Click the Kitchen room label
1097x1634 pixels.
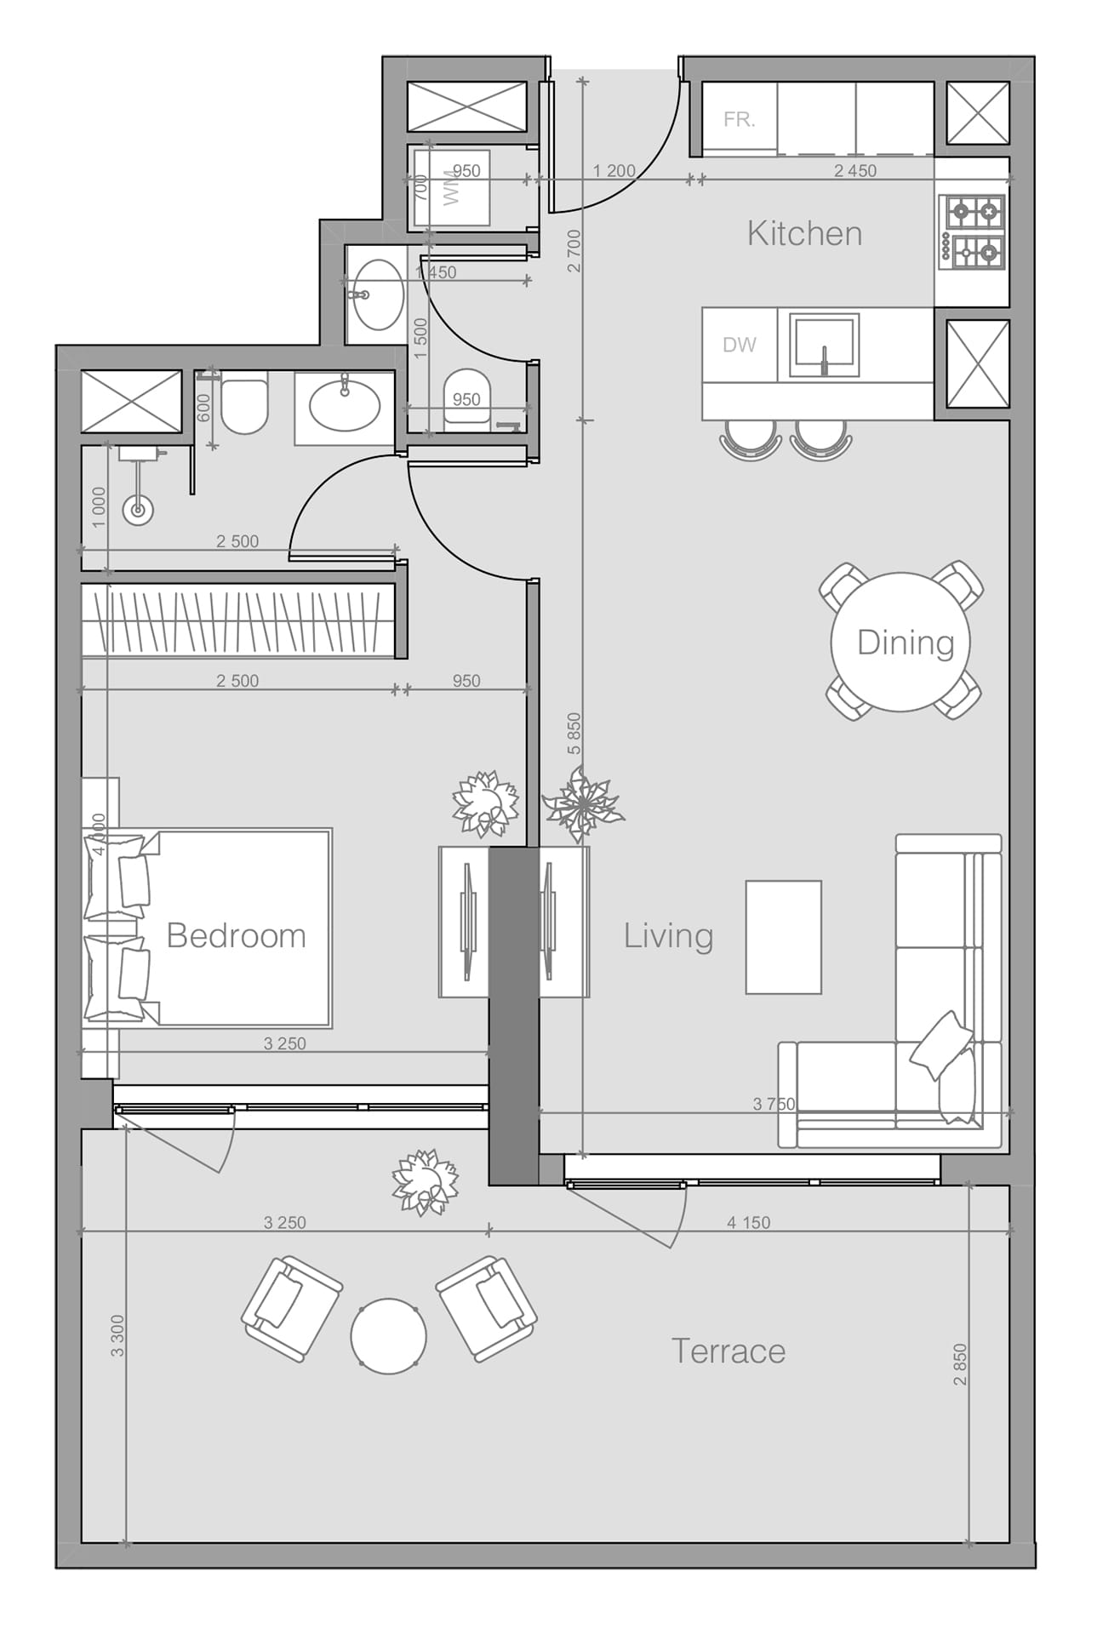tap(804, 233)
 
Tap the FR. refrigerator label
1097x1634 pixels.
tap(739, 120)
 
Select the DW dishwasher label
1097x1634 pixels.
tap(739, 345)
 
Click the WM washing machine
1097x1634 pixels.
tap(452, 186)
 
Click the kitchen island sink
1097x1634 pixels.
tap(823, 345)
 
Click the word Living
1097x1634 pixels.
tap(668, 935)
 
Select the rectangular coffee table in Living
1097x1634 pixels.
tap(783, 937)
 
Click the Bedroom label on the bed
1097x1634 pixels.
tap(236, 935)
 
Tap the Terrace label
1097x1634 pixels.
tap(728, 1351)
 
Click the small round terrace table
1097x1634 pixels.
tap(388, 1335)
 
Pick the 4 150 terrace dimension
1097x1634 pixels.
tap(748, 1222)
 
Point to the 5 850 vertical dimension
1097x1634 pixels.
tap(574, 733)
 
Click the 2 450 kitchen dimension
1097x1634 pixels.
tap(854, 170)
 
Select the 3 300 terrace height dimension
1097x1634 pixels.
tap(117, 1335)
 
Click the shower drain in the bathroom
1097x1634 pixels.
tap(137, 511)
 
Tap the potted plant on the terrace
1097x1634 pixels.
tap(424, 1181)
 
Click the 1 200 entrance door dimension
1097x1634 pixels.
tap(614, 170)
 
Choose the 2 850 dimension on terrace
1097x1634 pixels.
tap(960, 1364)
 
